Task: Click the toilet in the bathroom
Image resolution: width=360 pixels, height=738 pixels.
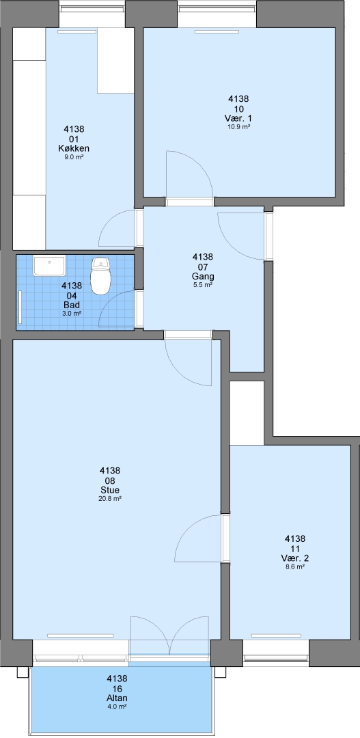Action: (x=100, y=275)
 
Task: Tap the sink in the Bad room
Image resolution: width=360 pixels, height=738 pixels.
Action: (x=49, y=266)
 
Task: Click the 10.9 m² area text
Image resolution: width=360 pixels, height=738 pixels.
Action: (x=238, y=126)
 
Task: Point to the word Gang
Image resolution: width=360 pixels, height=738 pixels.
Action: (x=203, y=276)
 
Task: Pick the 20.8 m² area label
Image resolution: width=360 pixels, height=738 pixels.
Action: (x=110, y=498)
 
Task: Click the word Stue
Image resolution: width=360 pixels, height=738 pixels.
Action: (x=110, y=490)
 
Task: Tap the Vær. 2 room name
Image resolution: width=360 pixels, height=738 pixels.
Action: (x=295, y=558)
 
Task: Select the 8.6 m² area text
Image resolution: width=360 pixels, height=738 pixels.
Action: (x=295, y=566)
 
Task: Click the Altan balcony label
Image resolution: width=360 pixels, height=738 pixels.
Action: (x=117, y=698)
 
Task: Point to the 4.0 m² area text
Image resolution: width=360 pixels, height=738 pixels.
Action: (x=117, y=706)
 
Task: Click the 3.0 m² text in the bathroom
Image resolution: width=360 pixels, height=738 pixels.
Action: (x=72, y=313)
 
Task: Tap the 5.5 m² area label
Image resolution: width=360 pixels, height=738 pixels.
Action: (x=203, y=285)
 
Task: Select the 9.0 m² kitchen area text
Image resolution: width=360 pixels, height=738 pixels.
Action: (x=74, y=157)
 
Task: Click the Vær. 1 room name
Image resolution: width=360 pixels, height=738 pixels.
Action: (x=238, y=118)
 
